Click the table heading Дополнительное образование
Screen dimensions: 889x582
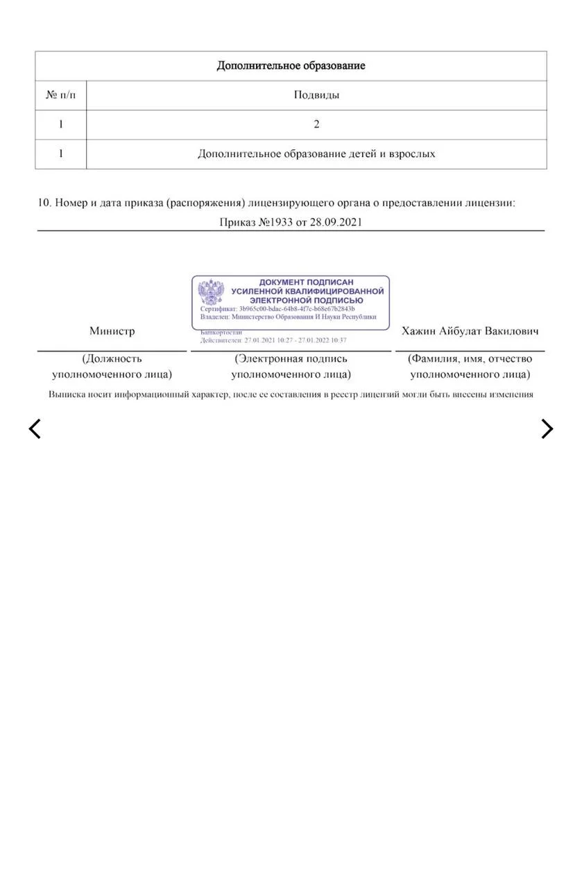coord(291,66)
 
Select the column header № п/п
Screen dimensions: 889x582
coord(60,95)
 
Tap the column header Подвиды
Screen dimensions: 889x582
coord(316,95)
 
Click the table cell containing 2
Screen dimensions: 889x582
coord(316,125)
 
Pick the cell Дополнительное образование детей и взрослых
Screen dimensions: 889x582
coord(316,154)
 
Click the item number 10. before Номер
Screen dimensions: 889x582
coord(44,203)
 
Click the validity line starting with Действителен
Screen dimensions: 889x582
coord(273,340)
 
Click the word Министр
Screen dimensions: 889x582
coord(112,331)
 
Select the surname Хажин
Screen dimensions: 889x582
coord(418,331)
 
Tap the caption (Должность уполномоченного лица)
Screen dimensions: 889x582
coord(112,367)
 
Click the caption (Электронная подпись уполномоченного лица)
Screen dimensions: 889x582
coord(291,367)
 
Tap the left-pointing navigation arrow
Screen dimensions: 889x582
coord(35,429)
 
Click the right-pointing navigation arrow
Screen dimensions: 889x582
coord(547,429)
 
